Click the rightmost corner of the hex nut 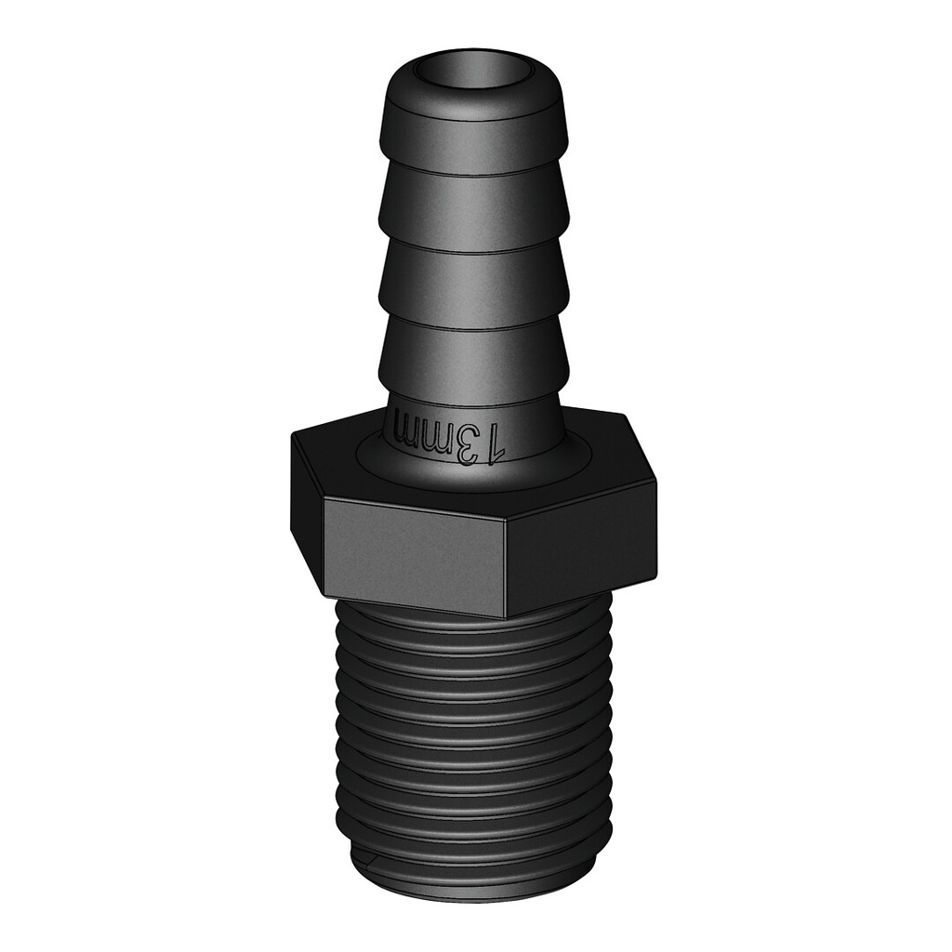(654, 483)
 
